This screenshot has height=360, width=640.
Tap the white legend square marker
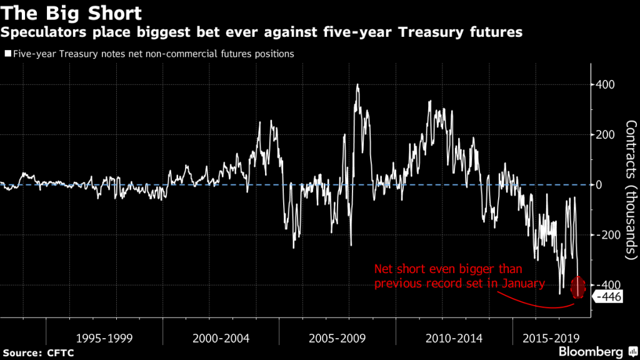tap(6, 54)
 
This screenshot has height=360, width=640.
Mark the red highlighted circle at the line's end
tap(578, 287)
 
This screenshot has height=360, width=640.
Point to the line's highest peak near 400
tap(357, 85)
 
